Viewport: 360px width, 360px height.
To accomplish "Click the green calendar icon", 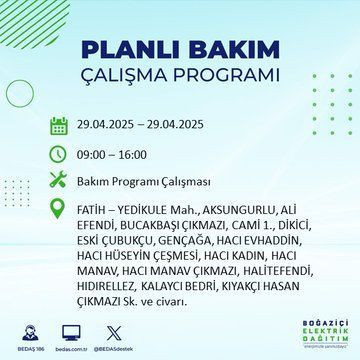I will (58, 127).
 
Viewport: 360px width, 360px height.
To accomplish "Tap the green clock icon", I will (58, 155).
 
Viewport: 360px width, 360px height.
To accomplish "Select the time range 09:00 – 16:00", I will (111, 155).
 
